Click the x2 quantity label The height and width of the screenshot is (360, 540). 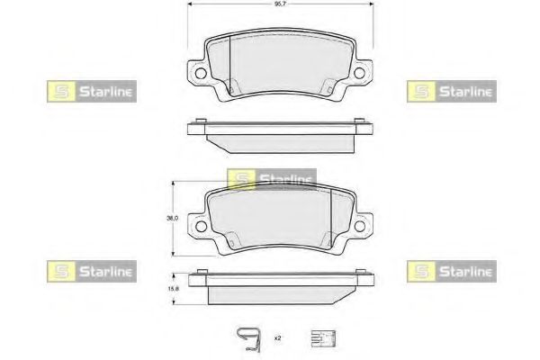tap(278, 337)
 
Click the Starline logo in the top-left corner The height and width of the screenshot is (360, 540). tap(91, 91)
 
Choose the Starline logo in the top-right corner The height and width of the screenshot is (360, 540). tap(450, 91)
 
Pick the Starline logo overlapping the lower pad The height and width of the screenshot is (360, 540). tap(270, 179)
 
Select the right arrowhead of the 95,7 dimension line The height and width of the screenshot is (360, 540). tap(372, 4)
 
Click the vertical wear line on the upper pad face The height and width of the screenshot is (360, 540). tap(230, 63)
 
